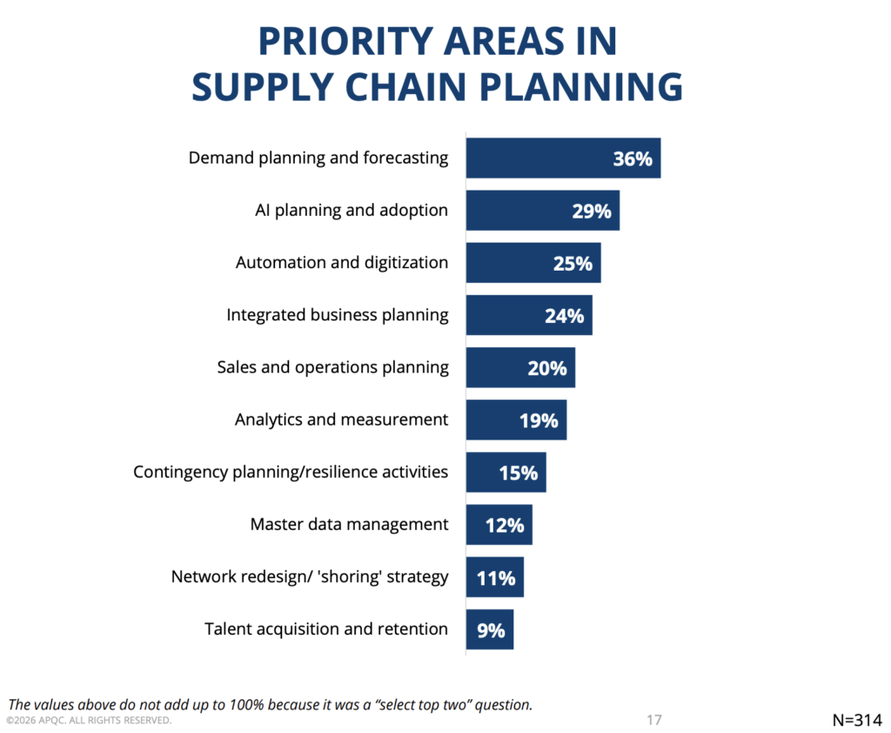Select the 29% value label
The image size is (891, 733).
(592, 212)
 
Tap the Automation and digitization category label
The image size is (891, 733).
(342, 262)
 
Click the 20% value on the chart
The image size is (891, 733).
(546, 368)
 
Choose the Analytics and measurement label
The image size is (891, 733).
(342, 420)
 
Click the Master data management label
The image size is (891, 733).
(349, 524)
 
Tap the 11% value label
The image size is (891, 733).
(496, 578)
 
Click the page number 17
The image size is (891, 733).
(654, 720)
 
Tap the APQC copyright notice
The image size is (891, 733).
(89, 721)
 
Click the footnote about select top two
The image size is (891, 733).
(270, 704)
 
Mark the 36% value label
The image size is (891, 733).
(632, 159)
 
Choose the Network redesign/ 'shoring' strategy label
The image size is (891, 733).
(310, 576)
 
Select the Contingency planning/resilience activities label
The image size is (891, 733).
(291, 472)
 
